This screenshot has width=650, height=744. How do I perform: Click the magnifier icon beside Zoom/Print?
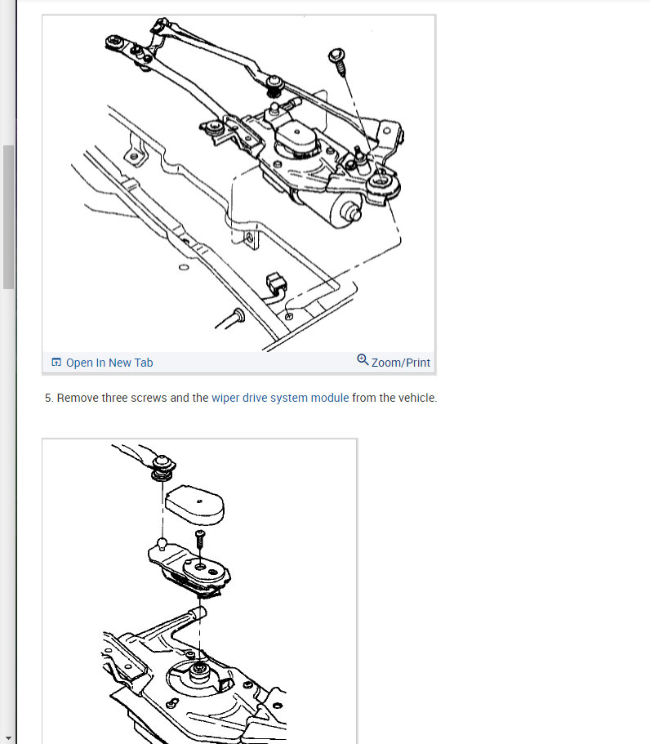point(363,359)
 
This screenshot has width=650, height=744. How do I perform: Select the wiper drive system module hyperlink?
point(280,398)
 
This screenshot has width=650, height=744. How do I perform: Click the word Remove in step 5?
point(78,398)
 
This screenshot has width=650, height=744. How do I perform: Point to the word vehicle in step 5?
point(417,398)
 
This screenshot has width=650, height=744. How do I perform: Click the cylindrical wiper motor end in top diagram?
point(345,211)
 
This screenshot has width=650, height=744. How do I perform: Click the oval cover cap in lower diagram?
point(195,505)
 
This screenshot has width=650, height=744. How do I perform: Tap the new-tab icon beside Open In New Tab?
point(56,362)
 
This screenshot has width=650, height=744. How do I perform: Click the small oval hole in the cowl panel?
point(184,267)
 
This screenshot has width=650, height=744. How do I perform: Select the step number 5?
point(49,398)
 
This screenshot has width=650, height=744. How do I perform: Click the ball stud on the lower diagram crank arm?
point(162,543)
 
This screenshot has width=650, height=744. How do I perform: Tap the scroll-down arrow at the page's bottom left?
point(8,737)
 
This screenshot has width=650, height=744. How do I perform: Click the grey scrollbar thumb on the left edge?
point(8,217)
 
